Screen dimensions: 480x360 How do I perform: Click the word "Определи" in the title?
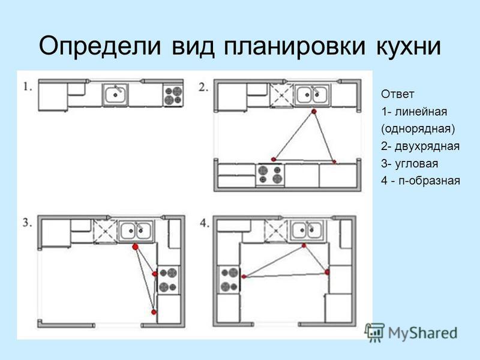click(100, 46)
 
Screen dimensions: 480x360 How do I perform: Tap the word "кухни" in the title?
click(408, 47)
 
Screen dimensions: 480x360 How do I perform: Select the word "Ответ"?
click(397, 94)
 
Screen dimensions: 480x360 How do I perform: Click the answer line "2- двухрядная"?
click(421, 146)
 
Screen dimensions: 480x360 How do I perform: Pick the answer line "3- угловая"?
click(409, 163)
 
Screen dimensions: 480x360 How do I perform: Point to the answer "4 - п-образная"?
click(421, 181)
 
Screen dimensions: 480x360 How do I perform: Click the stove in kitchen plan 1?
click(173, 95)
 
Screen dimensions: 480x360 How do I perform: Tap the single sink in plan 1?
click(115, 95)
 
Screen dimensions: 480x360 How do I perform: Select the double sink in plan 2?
click(312, 95)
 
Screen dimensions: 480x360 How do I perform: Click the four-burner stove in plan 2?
click(270, 175)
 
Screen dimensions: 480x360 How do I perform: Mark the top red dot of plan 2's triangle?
click(313, 112)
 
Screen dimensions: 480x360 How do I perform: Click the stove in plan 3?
click(169, 280)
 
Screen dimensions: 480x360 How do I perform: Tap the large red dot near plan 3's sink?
click(136, 247)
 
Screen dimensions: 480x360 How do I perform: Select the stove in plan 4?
click(229, 280)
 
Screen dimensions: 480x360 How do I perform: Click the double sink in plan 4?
click(308, 230)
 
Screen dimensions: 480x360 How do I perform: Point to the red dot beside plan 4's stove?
click(244, 277)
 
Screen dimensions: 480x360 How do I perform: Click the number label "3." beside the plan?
click(27, 223)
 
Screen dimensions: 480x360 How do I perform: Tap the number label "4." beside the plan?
click(205, 223)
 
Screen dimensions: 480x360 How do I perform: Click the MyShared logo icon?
click(374, 332)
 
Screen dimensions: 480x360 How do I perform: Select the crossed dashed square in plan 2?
click(281, 95)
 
